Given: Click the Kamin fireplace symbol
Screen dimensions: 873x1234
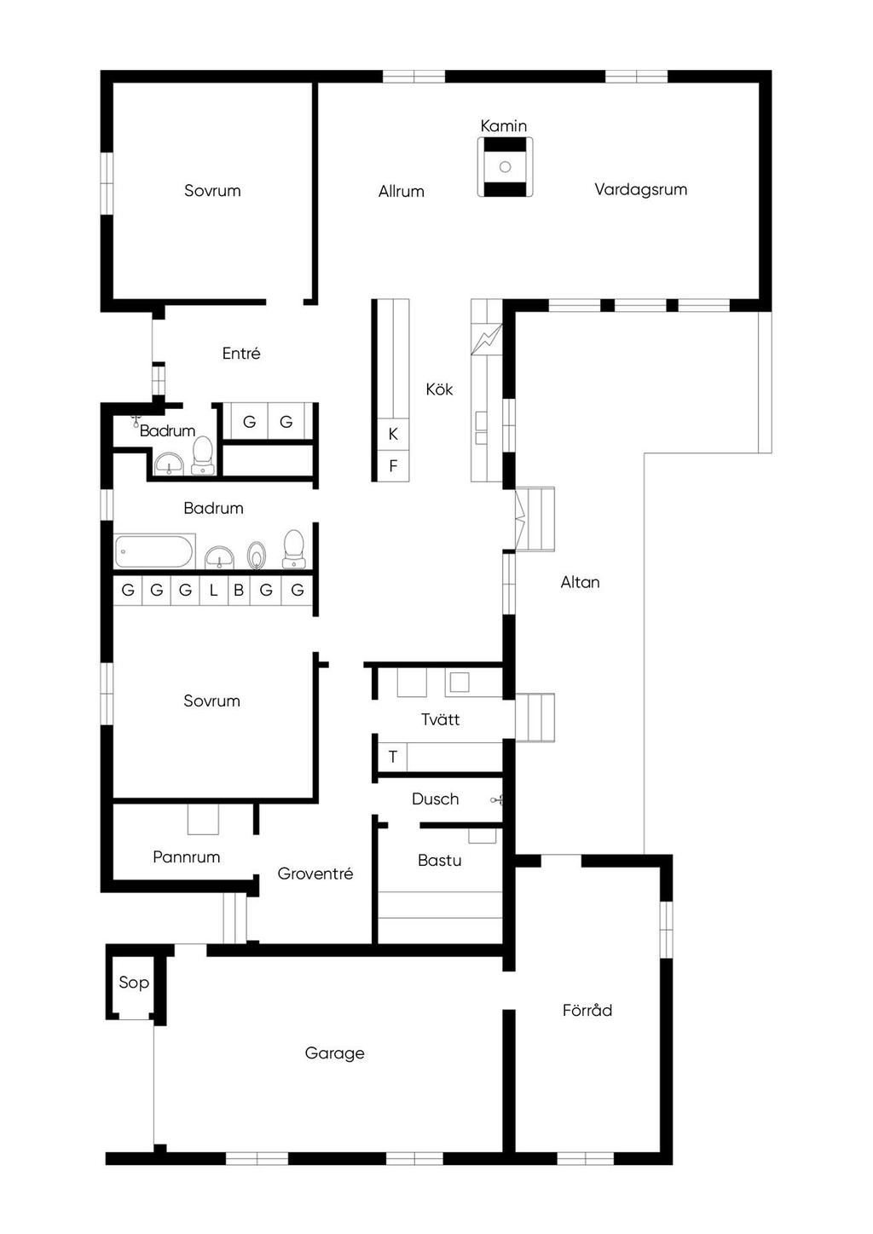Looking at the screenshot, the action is [505, 166].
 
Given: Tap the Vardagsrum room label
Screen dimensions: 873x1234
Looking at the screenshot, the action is [640, 189].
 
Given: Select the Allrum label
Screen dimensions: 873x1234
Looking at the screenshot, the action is [402, 191].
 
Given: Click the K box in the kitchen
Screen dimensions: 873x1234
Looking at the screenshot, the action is [393, 434].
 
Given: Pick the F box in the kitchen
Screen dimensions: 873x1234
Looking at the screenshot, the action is [393, 466].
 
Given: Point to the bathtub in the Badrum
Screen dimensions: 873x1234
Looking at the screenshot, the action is [153, 551].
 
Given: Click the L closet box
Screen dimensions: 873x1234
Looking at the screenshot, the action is [213, 591].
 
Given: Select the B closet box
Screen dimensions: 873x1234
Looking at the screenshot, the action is [239, 591].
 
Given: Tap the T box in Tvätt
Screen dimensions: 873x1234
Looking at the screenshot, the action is [392, 757].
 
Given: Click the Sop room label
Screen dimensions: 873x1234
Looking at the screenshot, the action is [134, 983].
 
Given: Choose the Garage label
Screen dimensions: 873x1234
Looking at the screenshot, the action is [334, 1053].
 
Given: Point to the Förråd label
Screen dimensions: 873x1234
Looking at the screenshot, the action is [587, 1009].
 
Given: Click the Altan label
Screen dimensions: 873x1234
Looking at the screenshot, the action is [580, 582].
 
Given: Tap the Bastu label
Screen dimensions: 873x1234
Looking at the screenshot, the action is [439, 860].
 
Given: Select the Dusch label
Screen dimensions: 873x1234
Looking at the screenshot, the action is [435, 799].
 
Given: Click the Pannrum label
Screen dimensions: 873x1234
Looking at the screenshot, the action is [187, 856].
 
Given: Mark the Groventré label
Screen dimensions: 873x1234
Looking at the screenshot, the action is [315, 874].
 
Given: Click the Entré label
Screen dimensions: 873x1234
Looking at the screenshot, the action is [241, 353].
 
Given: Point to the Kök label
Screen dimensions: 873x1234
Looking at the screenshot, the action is [439, 389].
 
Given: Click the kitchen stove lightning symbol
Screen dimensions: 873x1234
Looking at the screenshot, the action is [487, 339].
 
